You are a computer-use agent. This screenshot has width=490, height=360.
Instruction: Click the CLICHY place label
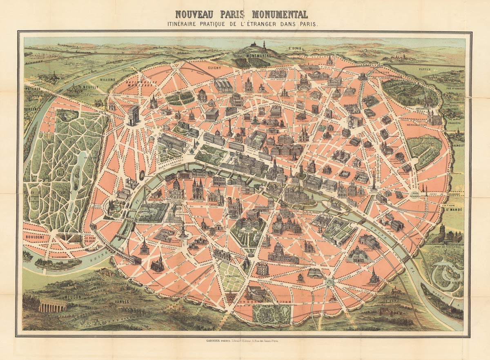(214, 68)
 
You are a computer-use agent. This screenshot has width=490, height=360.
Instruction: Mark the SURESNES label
(31, 109)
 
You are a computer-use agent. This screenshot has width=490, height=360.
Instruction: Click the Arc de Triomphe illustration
(134, 115)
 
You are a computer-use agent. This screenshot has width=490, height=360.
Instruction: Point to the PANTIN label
(425, 69)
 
